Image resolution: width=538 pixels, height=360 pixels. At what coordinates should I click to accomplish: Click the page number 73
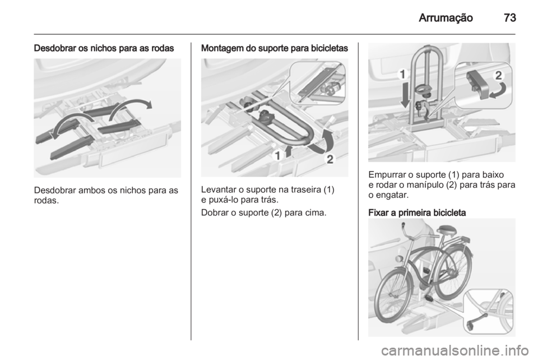[x=510, y=17]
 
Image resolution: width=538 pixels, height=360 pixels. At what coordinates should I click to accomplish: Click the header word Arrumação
[x=446, y=18]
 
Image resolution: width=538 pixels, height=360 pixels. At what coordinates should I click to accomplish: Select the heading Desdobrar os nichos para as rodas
[x=104, y=48]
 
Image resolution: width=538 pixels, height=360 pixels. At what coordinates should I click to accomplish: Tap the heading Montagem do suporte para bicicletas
[x=275, y=48]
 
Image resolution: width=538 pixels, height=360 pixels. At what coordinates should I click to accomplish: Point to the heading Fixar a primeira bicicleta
[x=417, y=213]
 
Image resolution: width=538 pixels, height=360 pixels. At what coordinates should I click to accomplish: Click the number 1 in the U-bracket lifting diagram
[x=277, y=155]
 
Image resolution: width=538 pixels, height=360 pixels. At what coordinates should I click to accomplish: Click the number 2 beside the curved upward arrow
[x=330, y=159]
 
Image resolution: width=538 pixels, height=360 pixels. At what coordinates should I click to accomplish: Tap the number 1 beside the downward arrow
[x=403, y=75]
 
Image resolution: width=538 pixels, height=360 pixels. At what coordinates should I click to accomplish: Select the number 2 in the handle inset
[x=499, y=76]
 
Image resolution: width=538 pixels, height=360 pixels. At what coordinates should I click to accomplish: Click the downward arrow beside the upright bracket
[x=406, y=94]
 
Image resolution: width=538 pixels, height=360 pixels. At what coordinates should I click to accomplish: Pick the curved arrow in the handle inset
[x=498, y=91]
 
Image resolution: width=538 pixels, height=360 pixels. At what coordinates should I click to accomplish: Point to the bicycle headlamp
[x=399, y=259]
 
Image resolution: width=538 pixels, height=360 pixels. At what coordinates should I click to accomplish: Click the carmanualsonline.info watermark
[x=454, y=350]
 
